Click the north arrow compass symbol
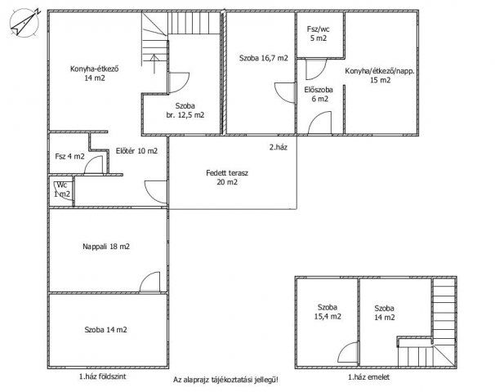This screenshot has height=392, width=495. click(x=25, y=23)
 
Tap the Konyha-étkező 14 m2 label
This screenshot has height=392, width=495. click(x=95, y=73)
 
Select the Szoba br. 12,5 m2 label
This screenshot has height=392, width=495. click(x=185, y=110)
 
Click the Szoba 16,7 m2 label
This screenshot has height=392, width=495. click(x=264, y=58)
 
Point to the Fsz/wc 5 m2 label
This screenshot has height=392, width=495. click(x=319, y=33)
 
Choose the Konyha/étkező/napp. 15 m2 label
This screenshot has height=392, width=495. click(x=380, y=75)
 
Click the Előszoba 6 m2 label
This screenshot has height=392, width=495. click(x=319, y=95)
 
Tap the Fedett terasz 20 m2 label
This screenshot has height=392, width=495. click(x=227, y=177)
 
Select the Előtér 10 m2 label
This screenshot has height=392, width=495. click(x=136, y=151)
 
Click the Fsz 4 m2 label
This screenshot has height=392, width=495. click(x=69, y=156)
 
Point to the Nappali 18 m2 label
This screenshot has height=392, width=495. click(x=106, y=247)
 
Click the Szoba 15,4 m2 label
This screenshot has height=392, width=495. click(x=328, y=312)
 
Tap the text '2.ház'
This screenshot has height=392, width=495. click(x=278, y=147)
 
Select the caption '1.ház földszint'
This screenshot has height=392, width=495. click(x=103, y=376)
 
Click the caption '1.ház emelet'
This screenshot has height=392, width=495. click(x=368, y=376)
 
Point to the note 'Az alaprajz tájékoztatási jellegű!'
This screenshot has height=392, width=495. click(x=225, y=380)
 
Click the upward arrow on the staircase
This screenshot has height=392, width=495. click(x=154, y=64)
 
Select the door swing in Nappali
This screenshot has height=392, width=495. click(x=149, y=282)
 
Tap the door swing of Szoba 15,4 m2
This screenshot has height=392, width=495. click(x=348, y=352)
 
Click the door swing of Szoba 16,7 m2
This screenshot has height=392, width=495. click(x=285, y=92)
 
